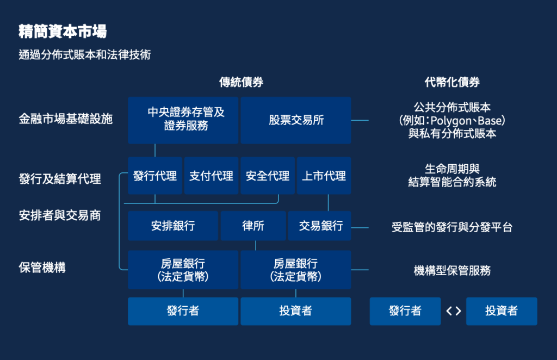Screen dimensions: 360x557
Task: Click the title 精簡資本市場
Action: (63, 31)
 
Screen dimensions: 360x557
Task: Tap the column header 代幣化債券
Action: (452, 83)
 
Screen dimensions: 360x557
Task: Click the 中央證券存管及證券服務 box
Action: (183, 120)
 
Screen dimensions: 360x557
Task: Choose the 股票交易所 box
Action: (296, 120)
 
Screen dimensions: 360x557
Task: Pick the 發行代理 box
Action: (155, 176)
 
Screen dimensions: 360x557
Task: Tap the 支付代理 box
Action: (211, 176)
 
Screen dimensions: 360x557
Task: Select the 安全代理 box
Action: (268, 176)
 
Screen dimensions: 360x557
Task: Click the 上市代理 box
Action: (324, 176)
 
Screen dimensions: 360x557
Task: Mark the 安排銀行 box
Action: (173, 226)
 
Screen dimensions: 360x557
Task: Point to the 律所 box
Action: (253, 226)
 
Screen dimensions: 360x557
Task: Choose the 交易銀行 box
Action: (320, 226)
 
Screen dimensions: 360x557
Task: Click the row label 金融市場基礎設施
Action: (66, 119)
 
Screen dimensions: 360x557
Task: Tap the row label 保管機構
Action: (42, 268)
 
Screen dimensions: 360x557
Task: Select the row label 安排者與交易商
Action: (60, 215)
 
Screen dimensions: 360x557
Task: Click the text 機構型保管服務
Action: (452, 270)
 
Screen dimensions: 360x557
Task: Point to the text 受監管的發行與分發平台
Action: (452, 227)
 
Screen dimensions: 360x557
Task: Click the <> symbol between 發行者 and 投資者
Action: (453, 312)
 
